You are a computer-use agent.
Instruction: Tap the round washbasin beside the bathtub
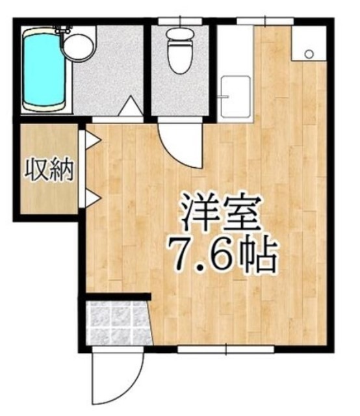point(78,47)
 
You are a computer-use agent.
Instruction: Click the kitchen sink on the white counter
point(235,97)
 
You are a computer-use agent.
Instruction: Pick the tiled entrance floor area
point(115,323)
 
